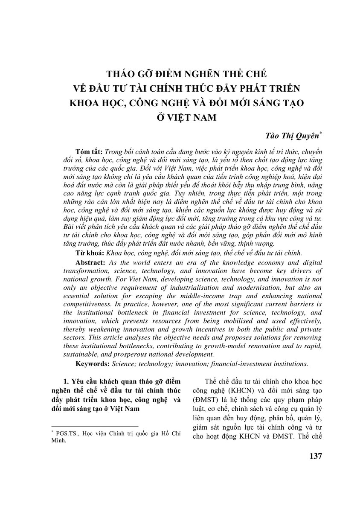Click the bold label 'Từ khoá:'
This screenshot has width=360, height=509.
(x=88, y=253)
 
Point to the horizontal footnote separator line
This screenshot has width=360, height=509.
(x=95, y=426)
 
